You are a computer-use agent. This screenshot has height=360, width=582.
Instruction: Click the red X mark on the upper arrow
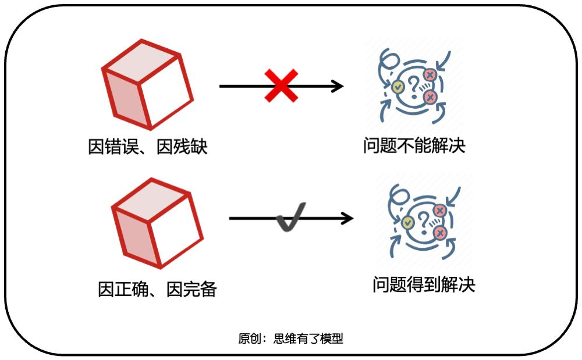[282, 86]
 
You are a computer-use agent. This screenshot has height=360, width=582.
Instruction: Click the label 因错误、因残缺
[148, 147]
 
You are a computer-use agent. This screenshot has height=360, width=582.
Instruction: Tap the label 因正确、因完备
[157, 288]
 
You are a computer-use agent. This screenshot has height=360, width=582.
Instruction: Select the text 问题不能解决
[414, 145]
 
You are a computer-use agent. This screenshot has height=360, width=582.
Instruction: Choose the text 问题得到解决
[424, 284]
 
